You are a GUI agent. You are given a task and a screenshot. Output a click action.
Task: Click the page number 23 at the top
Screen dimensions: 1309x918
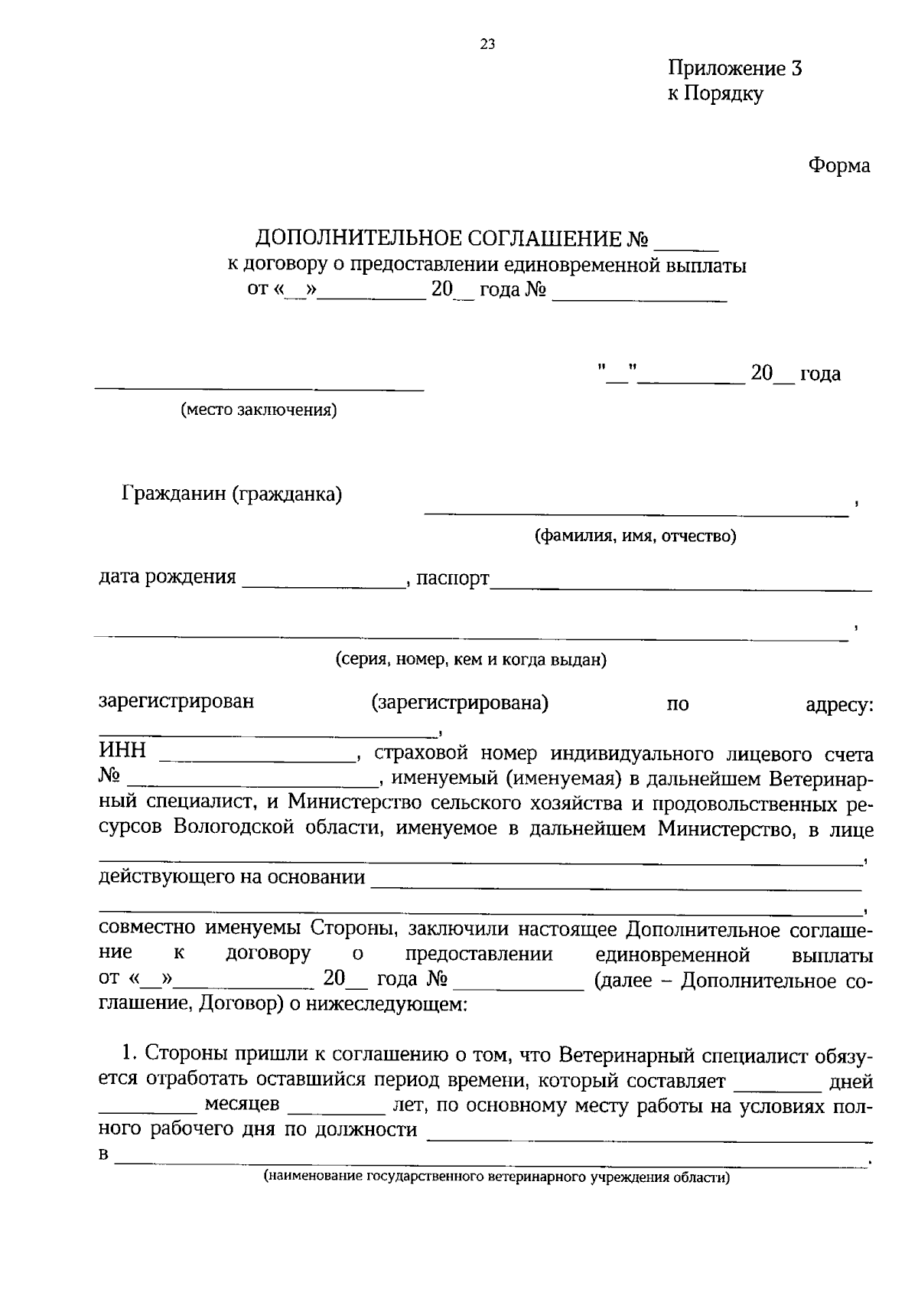tap(487, 44)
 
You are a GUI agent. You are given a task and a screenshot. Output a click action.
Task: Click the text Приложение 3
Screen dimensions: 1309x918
tap(734, 69)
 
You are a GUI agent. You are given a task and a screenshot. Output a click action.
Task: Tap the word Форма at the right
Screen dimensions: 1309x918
tap(839, 165)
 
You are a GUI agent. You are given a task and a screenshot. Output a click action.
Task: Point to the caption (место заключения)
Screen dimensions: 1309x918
tap(259, 410)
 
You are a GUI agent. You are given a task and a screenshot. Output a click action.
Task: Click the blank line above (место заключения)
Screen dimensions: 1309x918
tap(259, 389)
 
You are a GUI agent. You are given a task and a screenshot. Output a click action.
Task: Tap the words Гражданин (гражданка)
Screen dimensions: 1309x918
tap(232, 495)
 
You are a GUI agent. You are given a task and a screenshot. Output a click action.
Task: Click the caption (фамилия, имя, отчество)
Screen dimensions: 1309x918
tap(635, 536)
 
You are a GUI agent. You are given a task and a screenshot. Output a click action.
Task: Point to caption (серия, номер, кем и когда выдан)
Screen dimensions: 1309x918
tap(470, 659)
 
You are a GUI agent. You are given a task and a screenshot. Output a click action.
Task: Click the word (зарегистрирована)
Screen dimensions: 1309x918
tap(460, 702)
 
